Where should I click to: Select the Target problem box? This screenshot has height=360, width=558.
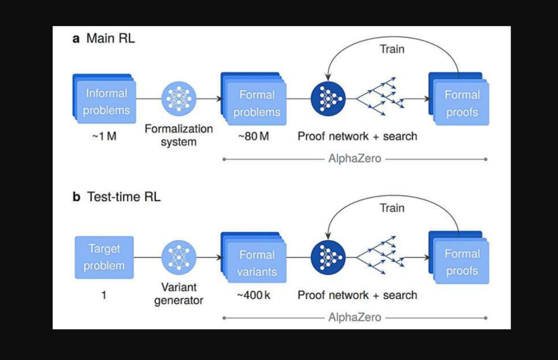coord(104,257)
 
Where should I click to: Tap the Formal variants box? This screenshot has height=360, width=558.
coord(256,263)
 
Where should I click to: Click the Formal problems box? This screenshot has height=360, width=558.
coord(256,103)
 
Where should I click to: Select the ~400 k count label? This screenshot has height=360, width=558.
coord(253,295)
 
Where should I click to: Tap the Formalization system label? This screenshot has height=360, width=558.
coord(179,135)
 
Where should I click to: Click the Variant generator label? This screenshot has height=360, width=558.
coord(179,294)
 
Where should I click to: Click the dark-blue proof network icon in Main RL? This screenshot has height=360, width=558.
coord(328,98)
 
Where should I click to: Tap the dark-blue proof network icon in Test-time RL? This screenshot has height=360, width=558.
coord(328,257)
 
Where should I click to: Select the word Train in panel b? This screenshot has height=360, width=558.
coord(392,208)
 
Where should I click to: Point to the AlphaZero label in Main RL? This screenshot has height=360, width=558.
coord(355,159)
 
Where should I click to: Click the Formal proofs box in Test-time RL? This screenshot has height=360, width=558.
coord(461,262)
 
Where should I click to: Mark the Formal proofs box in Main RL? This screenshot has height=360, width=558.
coord(461,103)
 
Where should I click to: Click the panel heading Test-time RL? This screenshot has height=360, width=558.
coord(124,197)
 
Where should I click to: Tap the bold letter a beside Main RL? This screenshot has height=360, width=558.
coord(77,39)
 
